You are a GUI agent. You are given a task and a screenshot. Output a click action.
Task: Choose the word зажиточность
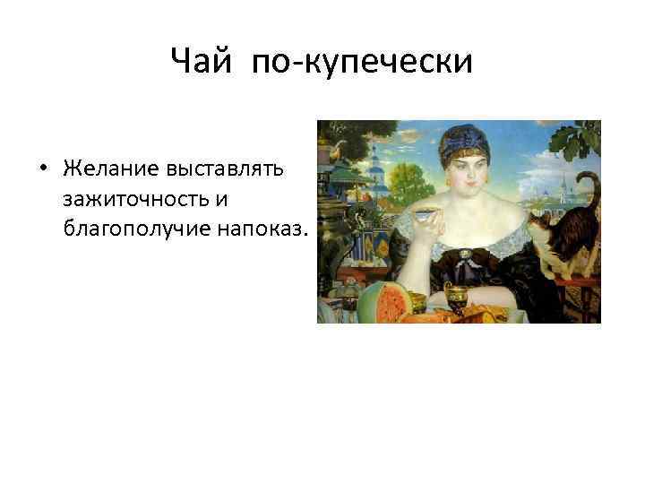point(142,199)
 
